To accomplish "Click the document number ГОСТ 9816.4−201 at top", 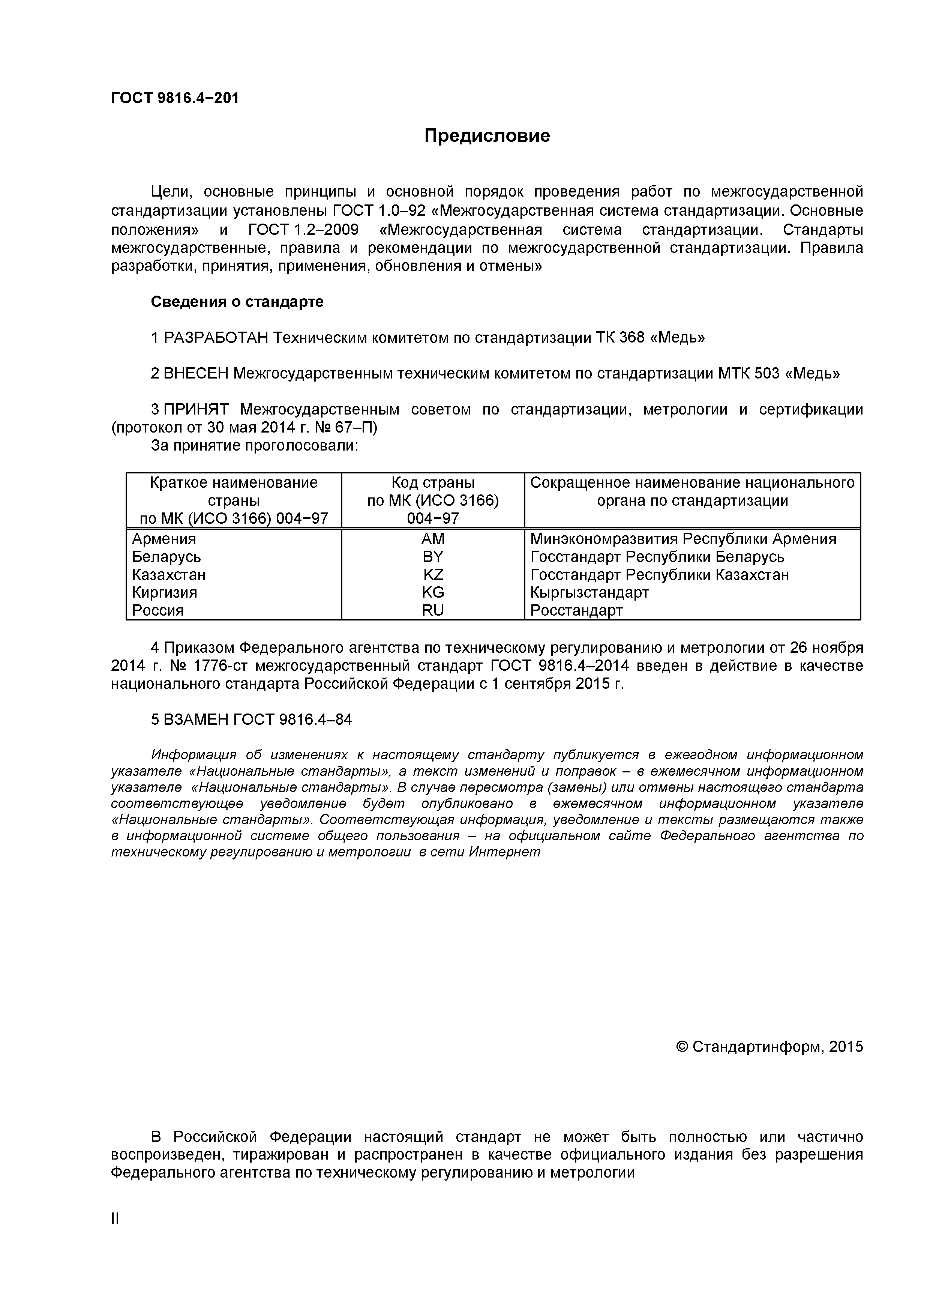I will (x=175, y=98).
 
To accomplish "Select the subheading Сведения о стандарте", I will (x=237, y=302).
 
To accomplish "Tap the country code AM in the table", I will (x=433, y=539).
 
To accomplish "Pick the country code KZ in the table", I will (x=433, y=574).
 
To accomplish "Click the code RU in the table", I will (x=433, y=610).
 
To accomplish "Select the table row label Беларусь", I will (x=166, y=557).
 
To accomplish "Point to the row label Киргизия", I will (x=165, y=592).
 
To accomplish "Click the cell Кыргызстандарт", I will (x=589, y=592).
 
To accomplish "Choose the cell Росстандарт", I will (x=576, y=610).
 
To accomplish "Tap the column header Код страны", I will (x=433, y=482).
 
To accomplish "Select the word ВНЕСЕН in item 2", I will (x=195, y=374).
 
